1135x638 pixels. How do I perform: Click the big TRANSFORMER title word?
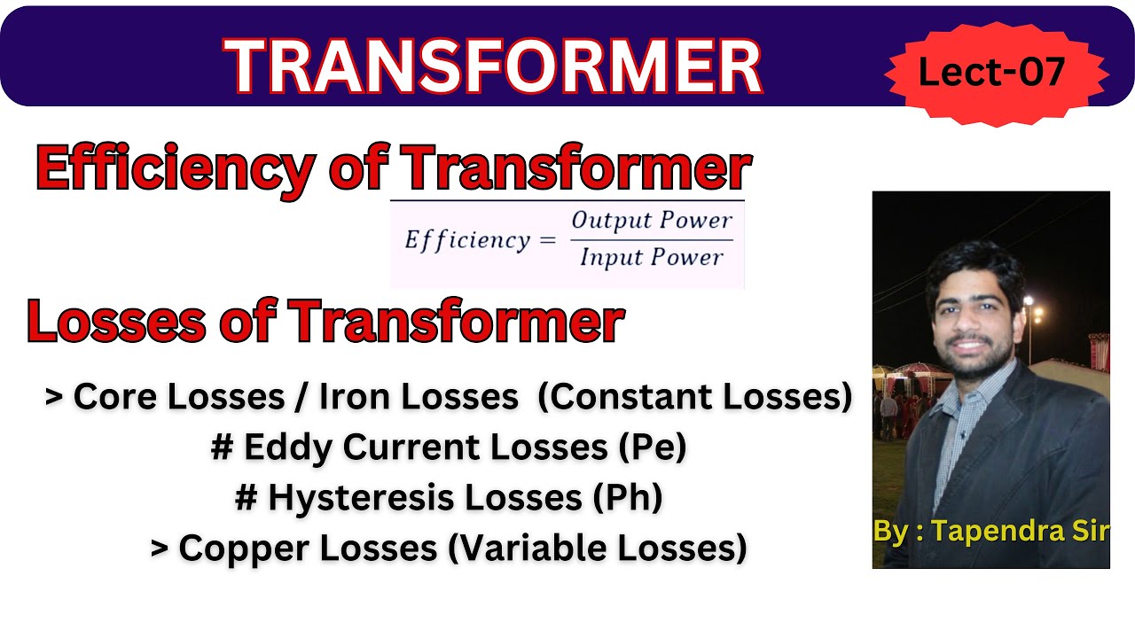493,66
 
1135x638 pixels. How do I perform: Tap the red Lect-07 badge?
990,72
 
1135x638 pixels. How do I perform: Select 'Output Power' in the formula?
652,221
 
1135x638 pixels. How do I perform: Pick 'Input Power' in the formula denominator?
652,258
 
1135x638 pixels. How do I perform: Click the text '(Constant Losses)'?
695,398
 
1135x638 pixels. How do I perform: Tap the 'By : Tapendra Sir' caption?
990,531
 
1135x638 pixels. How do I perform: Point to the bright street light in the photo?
1029,302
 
